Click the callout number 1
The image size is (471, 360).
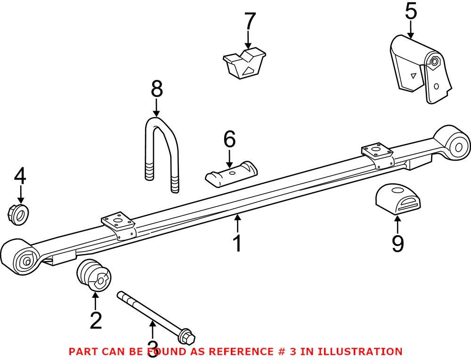pos(237,243)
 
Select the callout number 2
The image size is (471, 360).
pos(96,320)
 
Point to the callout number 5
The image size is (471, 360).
pos(411,11)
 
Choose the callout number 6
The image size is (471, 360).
pos(229,139)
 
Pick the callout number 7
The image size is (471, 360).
pos(249,22)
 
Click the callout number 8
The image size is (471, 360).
pos(156,89)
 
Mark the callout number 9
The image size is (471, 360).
pos(398,243)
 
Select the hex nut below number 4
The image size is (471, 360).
pos(19,213)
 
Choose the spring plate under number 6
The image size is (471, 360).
pos(231,174)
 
